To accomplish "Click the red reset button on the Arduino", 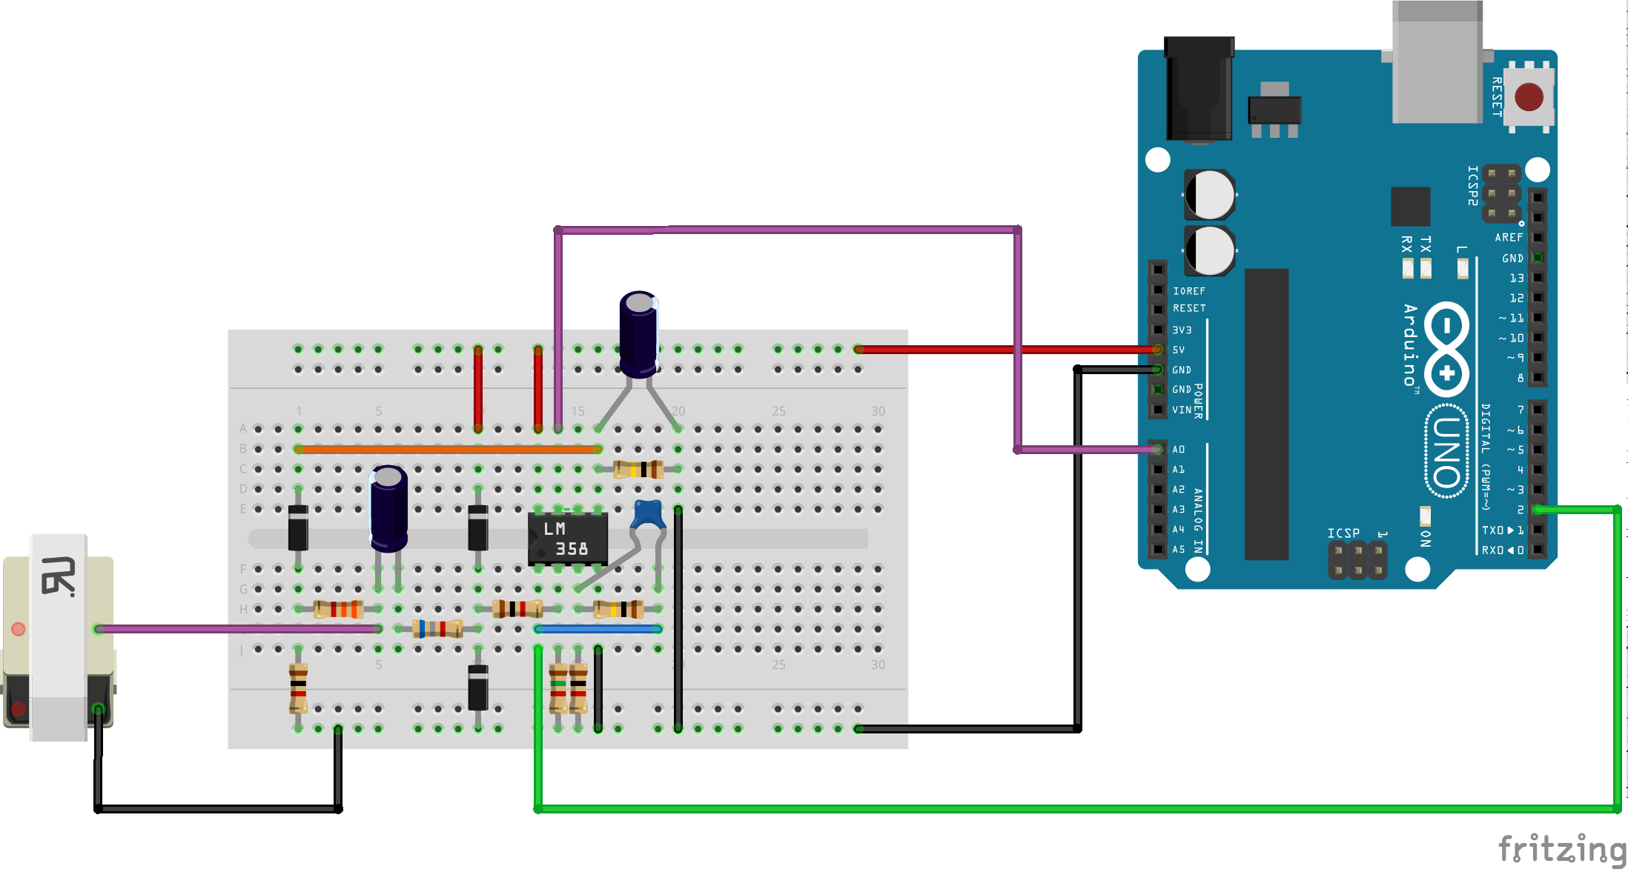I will pyautogui.click(x=1529, y=97).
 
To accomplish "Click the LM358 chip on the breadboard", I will pyautogui.click(x=567, y=539).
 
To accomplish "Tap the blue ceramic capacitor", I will pyautogui.click(x=648, y=514).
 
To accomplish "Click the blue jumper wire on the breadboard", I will pyautogui.click(x=598, y=629).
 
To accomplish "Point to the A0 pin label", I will pyautogui.click(x=1179, y=450).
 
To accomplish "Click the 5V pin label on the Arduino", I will pyautogui.click(x=1179, y=350).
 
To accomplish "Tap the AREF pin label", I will pyautogui.click(x=1509, y=238).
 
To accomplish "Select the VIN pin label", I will pyautogui.click(x=1182, y=410).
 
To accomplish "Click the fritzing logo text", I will pyautogui.click(x=1561, y=848).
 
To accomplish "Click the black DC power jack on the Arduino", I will pyautogui.click(x=1199, y=89).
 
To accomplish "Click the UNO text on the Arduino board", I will pyautogui.click(x=1446, y=452).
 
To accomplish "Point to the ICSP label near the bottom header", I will pyautogui.click(x=1343, y=533).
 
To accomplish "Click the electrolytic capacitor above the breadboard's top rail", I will pyautogui.click(x=638, y=333).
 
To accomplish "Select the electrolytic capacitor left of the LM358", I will pyautogui.click(x=388, y=508).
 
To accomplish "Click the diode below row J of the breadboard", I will pyautogui.click(x=478, y=687).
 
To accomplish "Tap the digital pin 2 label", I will pyautogui.click(x=1521, y=510).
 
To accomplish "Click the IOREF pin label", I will pyautogui.click(x=1189, y=291).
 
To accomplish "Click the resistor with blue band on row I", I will pyautogui.click(x=438, y=629).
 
